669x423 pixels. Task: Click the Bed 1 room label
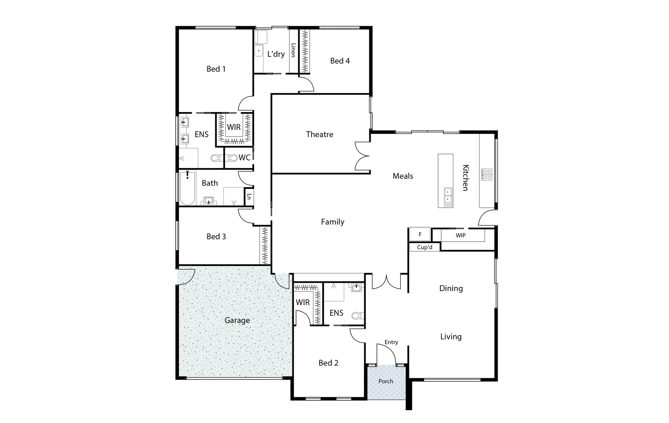(216, 69)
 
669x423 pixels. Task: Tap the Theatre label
(320, 134)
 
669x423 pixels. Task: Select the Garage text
(237, 320)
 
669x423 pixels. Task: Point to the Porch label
(385, 381)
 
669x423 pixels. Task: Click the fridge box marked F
(420, 234)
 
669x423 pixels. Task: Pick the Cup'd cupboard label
(424, 247)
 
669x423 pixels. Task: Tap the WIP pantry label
(460, 235)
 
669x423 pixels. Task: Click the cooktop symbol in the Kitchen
(487, 174)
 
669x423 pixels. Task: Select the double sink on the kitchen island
(447, 195)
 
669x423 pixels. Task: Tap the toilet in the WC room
(233, 158)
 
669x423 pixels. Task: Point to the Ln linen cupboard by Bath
(249, 197)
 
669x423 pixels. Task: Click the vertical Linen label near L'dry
(293, 50)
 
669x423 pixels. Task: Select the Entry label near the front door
(391, 342)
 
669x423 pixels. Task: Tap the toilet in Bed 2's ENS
(357, 315)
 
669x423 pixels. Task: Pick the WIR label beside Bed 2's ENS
(302, 302)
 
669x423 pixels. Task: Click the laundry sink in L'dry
(259, 51)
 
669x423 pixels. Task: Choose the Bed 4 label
(340, 61)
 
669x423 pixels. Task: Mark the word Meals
(403, 176)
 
